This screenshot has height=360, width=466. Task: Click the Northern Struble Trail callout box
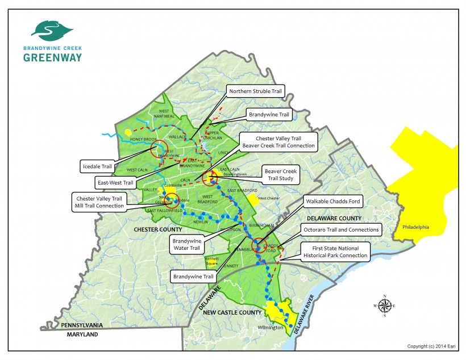point(255,91)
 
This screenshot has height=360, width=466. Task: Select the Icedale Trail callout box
point(98,167)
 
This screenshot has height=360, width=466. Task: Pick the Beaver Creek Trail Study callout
point(281,174)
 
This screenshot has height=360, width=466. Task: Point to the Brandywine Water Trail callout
point(187,244)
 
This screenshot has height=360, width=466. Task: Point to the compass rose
point(385,305)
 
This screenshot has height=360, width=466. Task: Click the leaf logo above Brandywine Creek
point(52,29)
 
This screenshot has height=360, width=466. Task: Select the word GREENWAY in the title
point(52,57)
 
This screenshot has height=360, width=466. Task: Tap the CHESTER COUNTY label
point(158,229)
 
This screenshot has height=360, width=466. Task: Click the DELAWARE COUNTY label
point(334,218)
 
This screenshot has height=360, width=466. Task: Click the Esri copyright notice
point(433,346)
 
